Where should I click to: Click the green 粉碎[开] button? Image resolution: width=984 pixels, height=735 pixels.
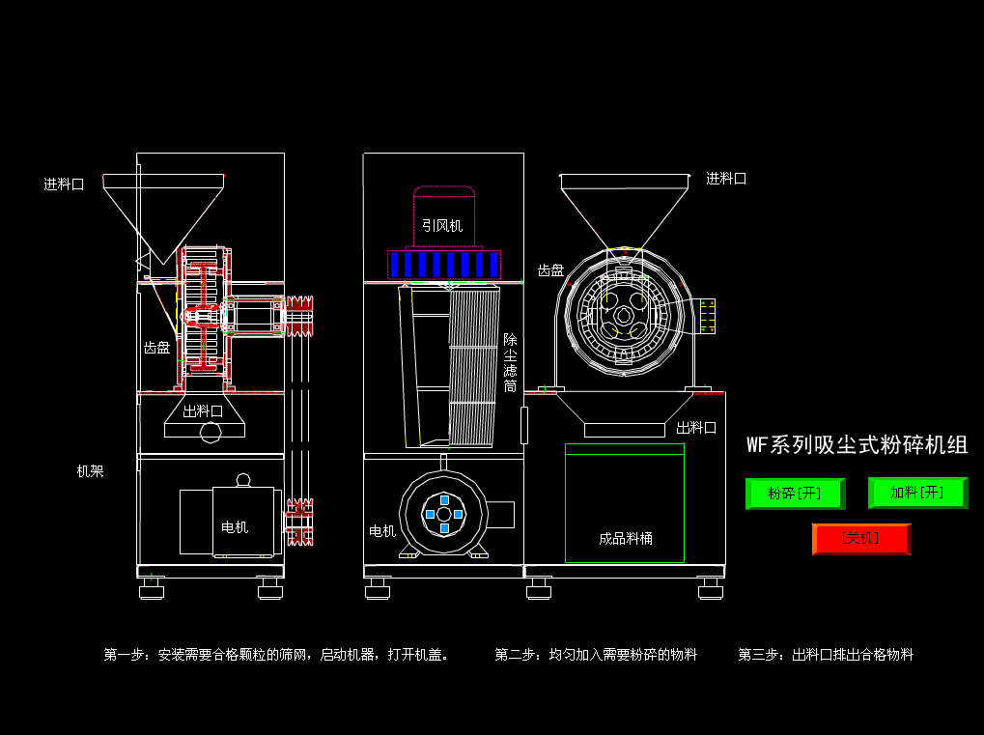pyautogui.click(x=795, y=494)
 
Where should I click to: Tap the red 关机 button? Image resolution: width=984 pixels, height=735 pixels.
pyautogui.click(x=860, y=538)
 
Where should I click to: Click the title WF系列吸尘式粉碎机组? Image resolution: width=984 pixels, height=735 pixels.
pyautogui.click(x=857, y=445)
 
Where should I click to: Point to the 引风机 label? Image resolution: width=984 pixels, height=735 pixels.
pyautogui.click(x=442, y=226)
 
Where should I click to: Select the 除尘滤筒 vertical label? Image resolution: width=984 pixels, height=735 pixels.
pyautogui.click(x=510, y=363)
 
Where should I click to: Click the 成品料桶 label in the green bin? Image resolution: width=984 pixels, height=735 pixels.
pyautogui.click(x=625, y=538)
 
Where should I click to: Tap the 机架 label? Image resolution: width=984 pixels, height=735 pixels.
pyautogui.click(x=90, y=471)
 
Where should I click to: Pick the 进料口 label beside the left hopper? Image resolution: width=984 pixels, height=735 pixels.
pyautogui.click(x=64, y=184)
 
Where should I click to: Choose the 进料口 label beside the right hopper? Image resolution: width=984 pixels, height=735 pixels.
pyautogui.click(x=725, y=179)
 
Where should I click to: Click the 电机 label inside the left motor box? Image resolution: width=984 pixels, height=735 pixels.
pyautogui.click(x=235, y=526)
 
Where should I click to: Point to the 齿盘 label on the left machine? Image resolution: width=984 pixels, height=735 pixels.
pyautogui.click(x=156, y=348)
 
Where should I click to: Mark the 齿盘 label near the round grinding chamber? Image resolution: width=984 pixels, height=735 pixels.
pyautogui.click(x=550, y=270)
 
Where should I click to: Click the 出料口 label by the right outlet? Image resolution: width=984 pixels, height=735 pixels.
pyautogui.click(x=695, y=427)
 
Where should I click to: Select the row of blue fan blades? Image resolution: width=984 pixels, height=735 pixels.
pyautogui.click(x=444, y=265)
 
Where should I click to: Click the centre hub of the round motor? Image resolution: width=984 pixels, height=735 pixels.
pyautogui.click(x=444, y=514)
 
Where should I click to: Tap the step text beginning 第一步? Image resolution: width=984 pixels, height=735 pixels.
pyautogui.click(x=276, y=655)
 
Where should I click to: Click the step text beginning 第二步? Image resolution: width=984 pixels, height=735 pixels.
pyautogui.click(x=596, y=655)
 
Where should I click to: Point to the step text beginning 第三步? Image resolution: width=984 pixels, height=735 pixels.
pyautogui.click(x=826, y=655)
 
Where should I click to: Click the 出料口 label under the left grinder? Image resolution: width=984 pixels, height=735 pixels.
pyautogui.click(x=203, y=410)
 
